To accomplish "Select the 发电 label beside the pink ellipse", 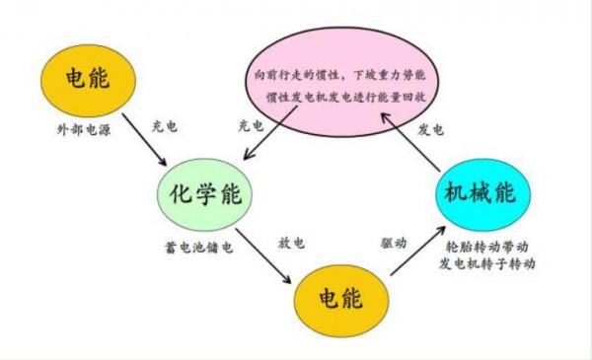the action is tap(431, 129).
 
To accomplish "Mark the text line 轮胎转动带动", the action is tap(490, 246).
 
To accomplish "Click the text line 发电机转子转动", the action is tap(490, 263).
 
